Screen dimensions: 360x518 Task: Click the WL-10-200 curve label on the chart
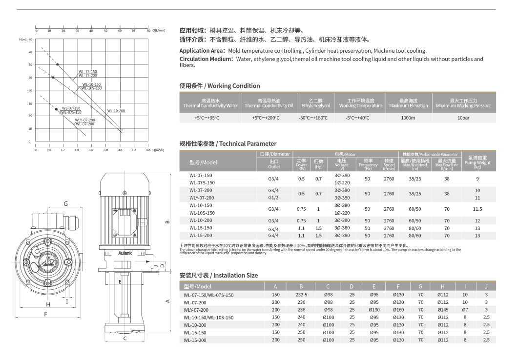tap(116, 111)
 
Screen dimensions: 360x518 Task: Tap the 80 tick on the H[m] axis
tap(30, 39)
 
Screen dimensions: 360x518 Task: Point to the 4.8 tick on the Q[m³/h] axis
tap(148, 150)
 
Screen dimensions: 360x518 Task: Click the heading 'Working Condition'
tap(220, 86)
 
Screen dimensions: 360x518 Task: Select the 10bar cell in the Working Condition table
tap(463, 118)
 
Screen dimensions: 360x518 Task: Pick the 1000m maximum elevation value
tap(408, 118)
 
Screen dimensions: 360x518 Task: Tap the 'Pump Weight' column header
tap(477, 162)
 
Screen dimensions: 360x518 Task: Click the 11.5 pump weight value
tap(477, 209)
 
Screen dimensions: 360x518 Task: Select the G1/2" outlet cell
tap(274, 198)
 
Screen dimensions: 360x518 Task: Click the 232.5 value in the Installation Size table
tap(301, 295)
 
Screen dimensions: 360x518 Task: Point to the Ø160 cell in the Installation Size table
tap(398, 310)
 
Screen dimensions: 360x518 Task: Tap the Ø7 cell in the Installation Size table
tap(465, 310)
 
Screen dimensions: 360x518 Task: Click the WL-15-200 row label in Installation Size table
tap(195, 340)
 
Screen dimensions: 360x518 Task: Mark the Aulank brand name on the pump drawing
tap(124, 253)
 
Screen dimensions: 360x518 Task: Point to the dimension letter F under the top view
tap(45, 314)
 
